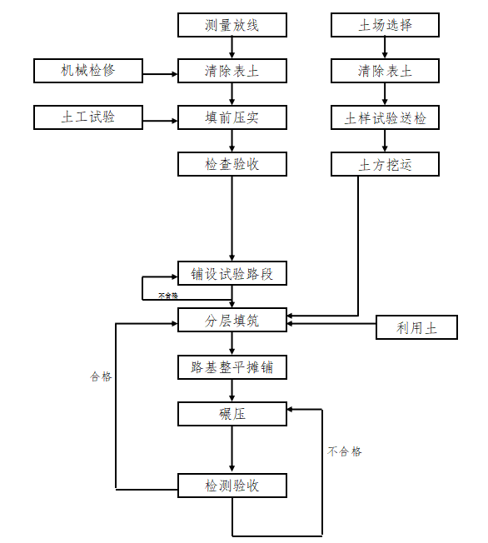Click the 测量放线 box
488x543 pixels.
coord(232,25)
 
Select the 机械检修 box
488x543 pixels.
coord(88,71)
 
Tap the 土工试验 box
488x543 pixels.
coord(88,117)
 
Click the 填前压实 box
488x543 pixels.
coord(232,117)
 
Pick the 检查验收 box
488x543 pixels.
coord(232,164)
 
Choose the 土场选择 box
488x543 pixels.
coord(385,25)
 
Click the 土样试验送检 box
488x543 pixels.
coord(385,118)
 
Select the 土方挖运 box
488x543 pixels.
coord(385,165)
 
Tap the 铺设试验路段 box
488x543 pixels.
coord(232,273)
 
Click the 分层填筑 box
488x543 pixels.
coord(232,318)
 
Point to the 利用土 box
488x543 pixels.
coord(417,328)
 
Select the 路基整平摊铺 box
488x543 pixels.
coord(232,366)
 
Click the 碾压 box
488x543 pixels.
coord(232,412)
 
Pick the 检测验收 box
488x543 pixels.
coord(232,485)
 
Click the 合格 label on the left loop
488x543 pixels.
coord(101,376)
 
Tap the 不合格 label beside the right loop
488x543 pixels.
coord(345,451)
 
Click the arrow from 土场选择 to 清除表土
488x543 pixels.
coord(385,48)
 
